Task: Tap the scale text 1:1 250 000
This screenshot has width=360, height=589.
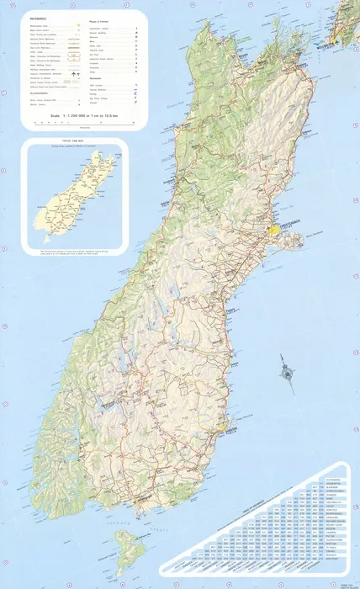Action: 81,114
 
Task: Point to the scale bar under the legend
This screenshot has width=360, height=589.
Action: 81,123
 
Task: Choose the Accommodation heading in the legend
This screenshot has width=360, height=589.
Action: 41,93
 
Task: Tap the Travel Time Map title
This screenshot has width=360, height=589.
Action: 75,142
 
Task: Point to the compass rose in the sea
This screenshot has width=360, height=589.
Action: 289,371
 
